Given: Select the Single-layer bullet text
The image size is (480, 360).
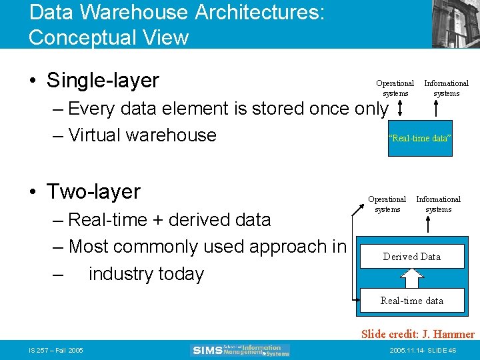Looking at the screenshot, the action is pos(103,81).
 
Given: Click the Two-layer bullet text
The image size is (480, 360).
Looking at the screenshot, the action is pos(93,192).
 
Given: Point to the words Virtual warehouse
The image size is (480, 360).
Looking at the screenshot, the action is pos(142,135).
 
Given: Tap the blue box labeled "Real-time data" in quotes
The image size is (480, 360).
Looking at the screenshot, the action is pos(420,138).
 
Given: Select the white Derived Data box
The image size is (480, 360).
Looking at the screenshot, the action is pos(411,257).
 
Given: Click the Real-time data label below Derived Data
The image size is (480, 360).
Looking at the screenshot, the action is pos(411,301).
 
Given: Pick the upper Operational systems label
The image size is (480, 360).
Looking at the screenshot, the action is pos(395,88).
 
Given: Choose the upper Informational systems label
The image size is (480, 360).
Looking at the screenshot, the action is pos(446,88).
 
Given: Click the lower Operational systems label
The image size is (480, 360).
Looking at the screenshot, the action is pos(387,204).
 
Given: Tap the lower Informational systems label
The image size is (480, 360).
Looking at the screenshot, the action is pos(438,204).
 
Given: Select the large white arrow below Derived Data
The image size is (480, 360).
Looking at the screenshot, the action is pos(411,277).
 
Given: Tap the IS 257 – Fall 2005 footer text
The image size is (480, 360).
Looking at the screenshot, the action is pos(55,351).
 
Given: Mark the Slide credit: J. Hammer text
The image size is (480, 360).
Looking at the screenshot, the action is pos(417,334).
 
